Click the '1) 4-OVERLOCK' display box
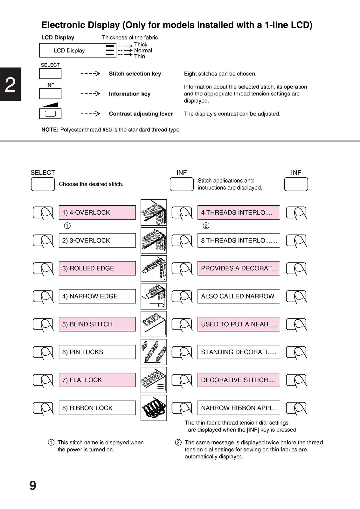tap(97, 213)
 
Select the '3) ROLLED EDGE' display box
tap(97, 268)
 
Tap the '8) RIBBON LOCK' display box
tap(97, 408)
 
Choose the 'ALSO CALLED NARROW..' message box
tap(239, 296)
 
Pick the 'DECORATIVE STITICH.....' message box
tap(239, 380)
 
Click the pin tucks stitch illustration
tap(154, 352)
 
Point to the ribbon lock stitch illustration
tap(154, 408)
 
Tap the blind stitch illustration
tap(154, 324)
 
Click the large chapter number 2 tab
tap(10, 84)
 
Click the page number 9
tap(33, 485)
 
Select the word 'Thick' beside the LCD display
tap(141, 45)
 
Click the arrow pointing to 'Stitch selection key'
tap(90, 73)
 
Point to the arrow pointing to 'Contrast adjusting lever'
tap(90, 113)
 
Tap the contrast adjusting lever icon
tap(50, 113)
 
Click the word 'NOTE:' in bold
tap(50, 130)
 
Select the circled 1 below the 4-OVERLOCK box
tap(67, 226)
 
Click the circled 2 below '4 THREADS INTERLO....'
tap(206, 226)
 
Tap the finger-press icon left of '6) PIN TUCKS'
tap(43, 353)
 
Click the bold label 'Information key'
tap(130, 94)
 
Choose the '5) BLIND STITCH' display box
tap(97, 324)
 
